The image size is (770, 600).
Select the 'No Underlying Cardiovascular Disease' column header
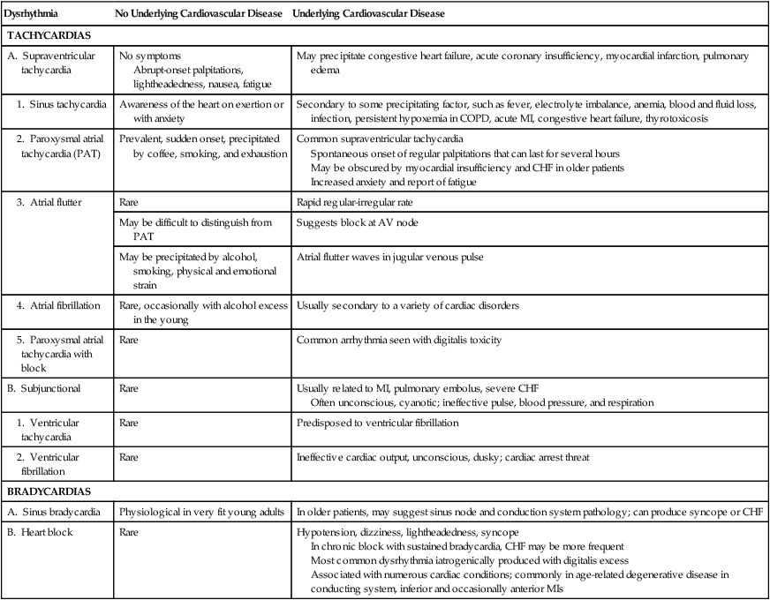click(x=200, y=16)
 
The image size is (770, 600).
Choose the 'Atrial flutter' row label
click(x=60, y=203)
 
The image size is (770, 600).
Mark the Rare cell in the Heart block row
click(x=130, y=534)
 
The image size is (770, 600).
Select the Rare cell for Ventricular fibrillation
click(x=130, y=457)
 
